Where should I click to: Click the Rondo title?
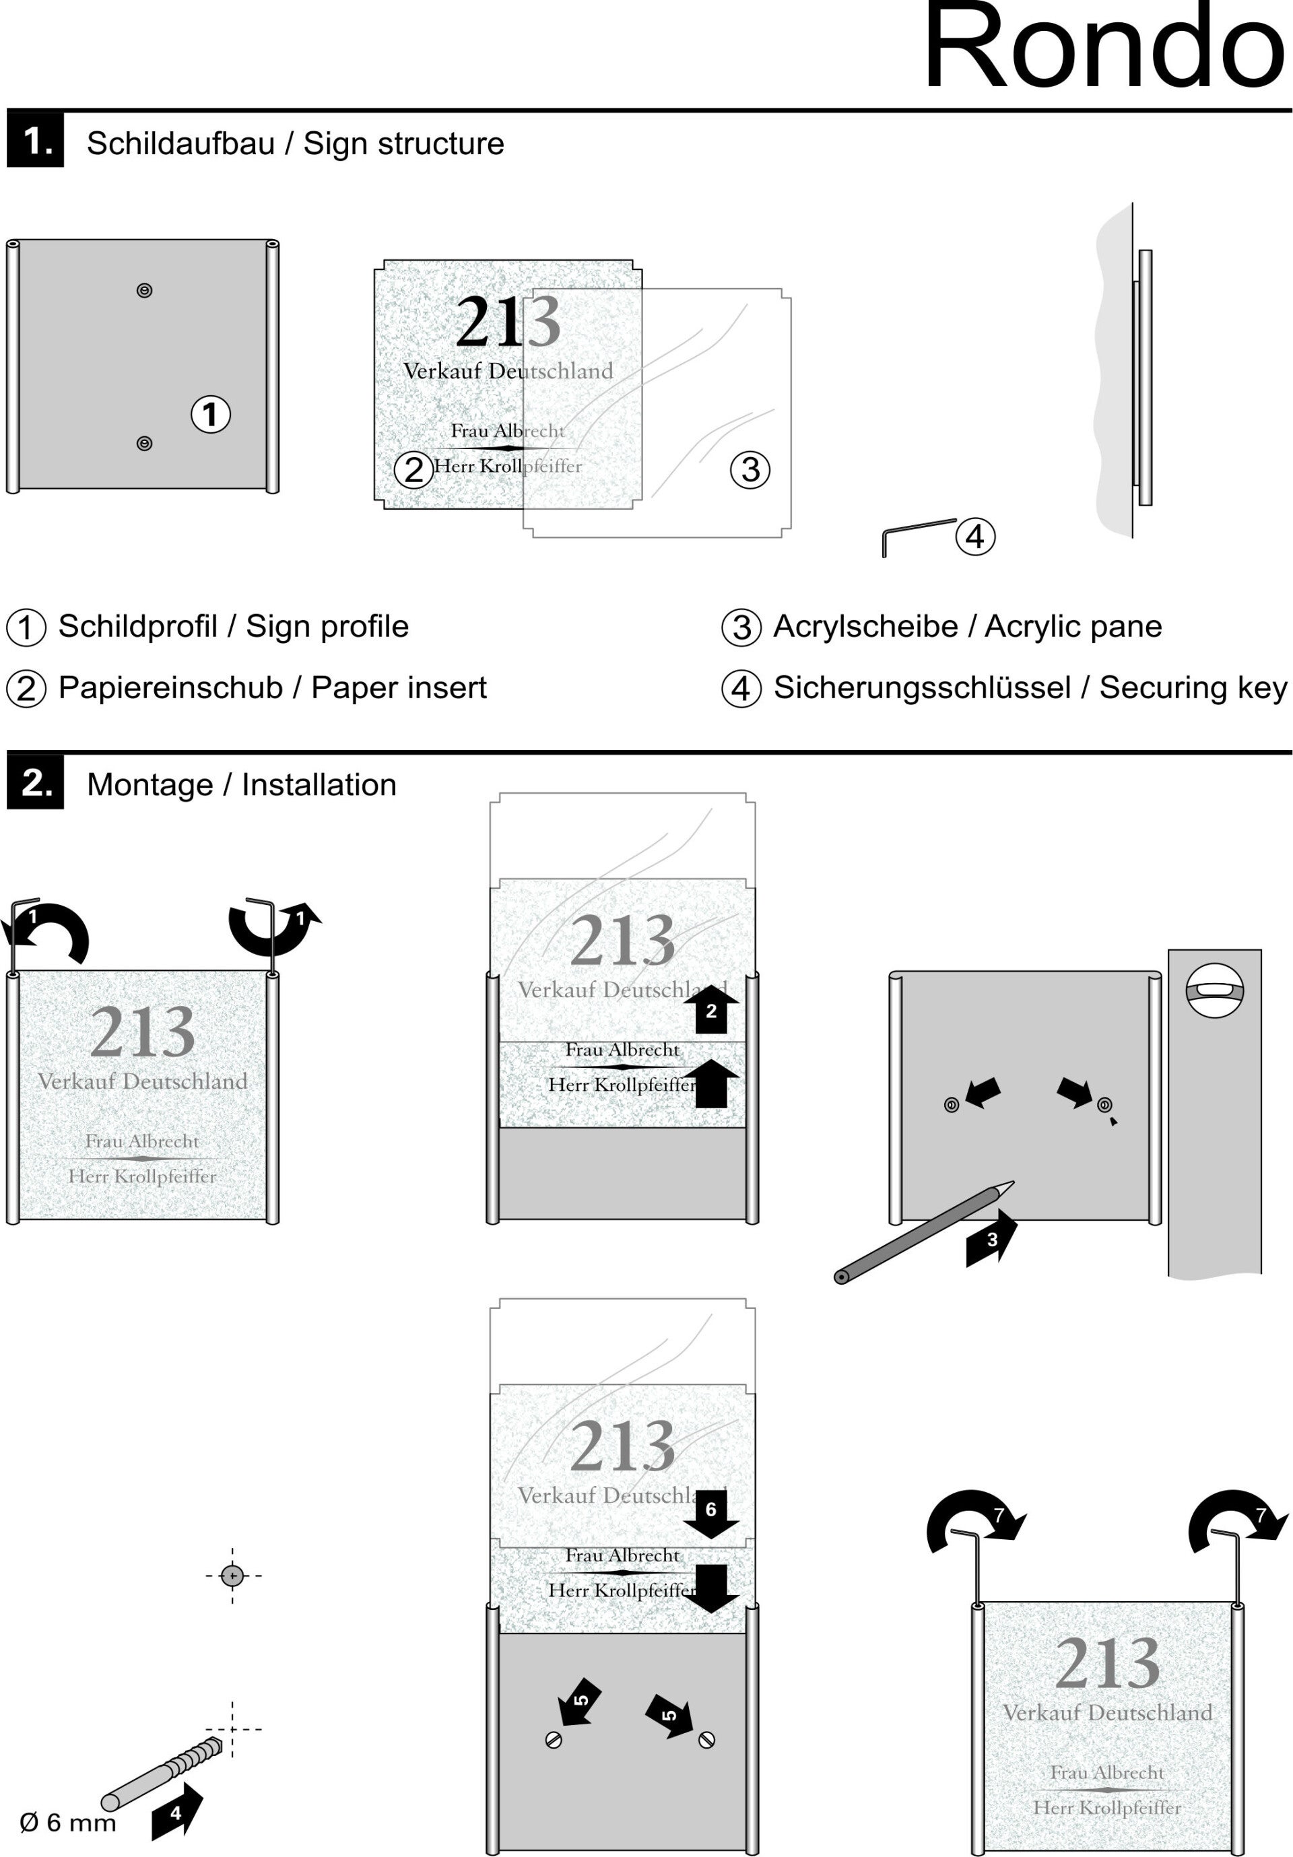1104,48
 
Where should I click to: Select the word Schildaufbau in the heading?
180,144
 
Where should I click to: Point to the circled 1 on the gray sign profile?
210,414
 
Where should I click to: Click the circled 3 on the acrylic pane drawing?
750,469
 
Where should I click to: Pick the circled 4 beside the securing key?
975,536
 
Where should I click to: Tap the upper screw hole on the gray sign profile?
145,290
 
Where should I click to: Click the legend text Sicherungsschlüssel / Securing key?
1030,688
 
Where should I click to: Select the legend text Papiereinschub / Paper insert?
272,688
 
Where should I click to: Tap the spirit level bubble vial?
1214,989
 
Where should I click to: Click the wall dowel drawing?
162,1774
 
